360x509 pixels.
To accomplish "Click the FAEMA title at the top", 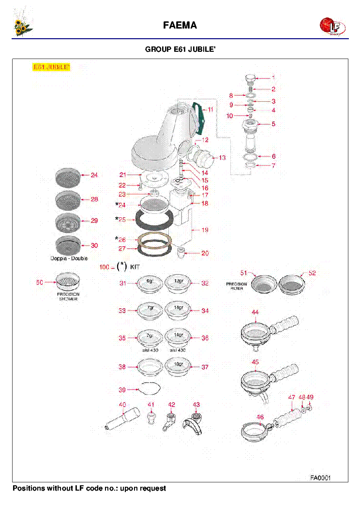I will [x=180, y=26].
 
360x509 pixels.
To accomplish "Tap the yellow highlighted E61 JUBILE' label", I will [x=51, y=67].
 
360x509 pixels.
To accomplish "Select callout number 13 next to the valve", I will [x=222, y=158].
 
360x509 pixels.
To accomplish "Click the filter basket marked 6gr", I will [x=150, y=284].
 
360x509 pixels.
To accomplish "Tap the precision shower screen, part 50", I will [x=67, y=280].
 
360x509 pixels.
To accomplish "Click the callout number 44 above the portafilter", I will [x=255, y=313].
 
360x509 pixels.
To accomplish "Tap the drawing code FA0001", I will [x=320, y=478].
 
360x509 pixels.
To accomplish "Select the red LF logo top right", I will [x=331, y=27].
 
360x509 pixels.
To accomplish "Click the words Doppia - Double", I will [x=69, y=258].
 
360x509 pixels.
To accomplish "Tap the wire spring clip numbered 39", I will [x=149, y=389].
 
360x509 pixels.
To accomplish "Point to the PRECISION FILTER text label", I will [x=236, y=286].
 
